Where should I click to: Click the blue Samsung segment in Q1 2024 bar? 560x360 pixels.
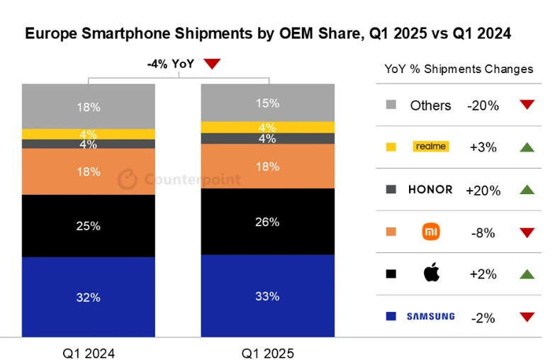(x=89, y=296)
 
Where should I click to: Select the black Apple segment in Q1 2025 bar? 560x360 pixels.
(x=268, y=221)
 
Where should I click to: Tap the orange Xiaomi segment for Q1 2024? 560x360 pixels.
(x=89, y=171)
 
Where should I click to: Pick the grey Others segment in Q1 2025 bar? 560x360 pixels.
(x=268, y=102)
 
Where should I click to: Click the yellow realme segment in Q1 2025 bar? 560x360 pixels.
(x=268, y=127)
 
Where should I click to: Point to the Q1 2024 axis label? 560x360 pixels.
(x=89, y=353)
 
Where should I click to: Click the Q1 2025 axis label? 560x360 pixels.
(x=267, y=353)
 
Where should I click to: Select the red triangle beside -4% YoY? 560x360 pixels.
(x=212, y=64)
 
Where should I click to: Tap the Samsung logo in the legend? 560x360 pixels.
(x=430, y=316)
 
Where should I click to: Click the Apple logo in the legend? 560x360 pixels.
(x=431, y=273)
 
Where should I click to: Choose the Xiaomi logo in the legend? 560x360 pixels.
(x=431, y=231)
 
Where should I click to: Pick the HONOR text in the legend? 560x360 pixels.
(x=430, y=190)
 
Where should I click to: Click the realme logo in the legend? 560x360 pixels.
(x=430, y=147)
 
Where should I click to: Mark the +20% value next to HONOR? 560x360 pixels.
(x=483, y=190)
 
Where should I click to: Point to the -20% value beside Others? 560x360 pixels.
(x=483, y=106)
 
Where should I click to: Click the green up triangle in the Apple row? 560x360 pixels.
(x=526, y=274)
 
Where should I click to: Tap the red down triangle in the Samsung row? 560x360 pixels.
(x=526, y=317)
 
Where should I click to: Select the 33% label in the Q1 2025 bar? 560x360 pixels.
(x=268, y=296)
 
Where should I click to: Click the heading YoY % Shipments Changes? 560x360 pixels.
(x=459, y=69)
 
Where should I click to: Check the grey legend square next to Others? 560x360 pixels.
(x=391, y=106)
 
